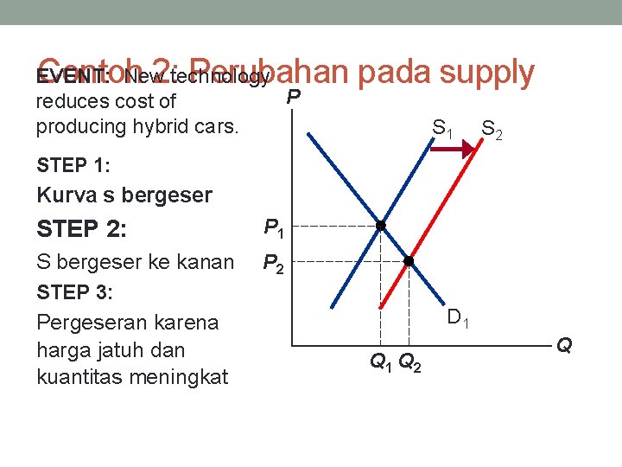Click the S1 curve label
(443, 130)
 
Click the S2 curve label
(492, 130)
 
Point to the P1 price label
(273, 229)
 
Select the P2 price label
(273, 263)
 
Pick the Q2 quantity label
(411, 363)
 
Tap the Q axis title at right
(564, 346)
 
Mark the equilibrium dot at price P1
(381, 226)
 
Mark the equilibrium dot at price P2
(409, 261)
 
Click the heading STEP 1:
(73, 164)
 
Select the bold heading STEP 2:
(82, 229)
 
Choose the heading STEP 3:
(75, 292)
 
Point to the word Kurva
(66, 195)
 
